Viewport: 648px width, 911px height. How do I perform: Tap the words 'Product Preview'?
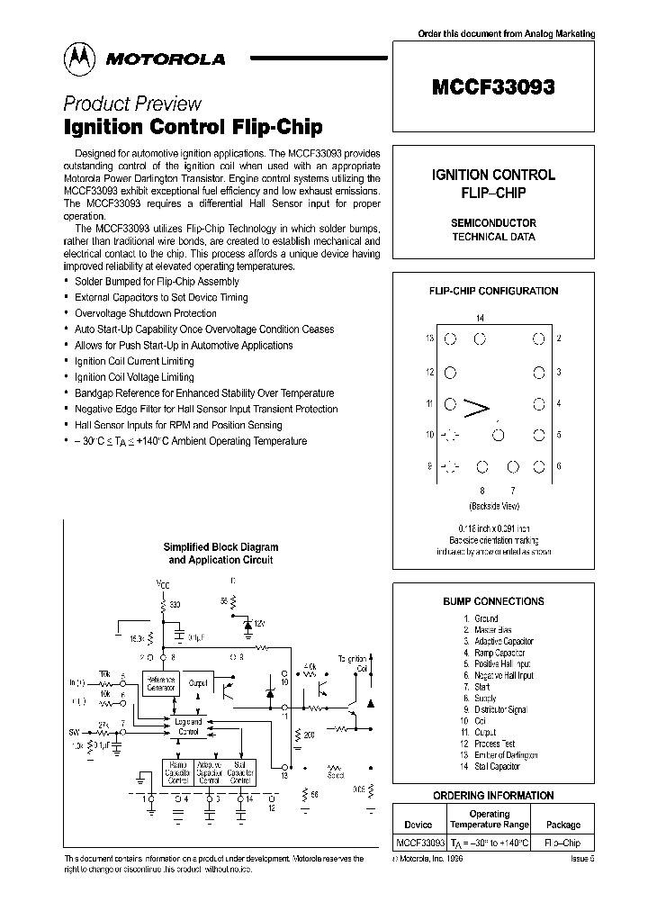tap(132, 104)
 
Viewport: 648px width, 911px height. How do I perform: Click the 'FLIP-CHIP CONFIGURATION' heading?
tap(492, 291)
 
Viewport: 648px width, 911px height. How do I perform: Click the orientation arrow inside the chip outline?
tap(475, 410)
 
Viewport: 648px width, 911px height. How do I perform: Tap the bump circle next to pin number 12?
tap(452, 372)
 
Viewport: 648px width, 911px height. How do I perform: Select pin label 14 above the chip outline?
tap(480, 319)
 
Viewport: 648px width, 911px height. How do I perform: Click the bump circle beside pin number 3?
tap(538, 372)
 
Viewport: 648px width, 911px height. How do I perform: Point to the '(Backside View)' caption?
tap(493, 506)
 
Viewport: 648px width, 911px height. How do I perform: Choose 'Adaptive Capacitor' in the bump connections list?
tap(504, 641)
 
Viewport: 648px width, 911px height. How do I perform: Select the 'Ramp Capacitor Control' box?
tap(176, 772)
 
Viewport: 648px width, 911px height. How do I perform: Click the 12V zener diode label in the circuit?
tap(260, 623)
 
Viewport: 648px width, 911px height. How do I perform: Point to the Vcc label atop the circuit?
tap(162, 585)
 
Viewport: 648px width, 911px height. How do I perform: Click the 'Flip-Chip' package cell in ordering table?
tap(562, 843)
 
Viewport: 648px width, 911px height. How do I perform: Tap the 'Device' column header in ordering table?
tap(418, 824)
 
